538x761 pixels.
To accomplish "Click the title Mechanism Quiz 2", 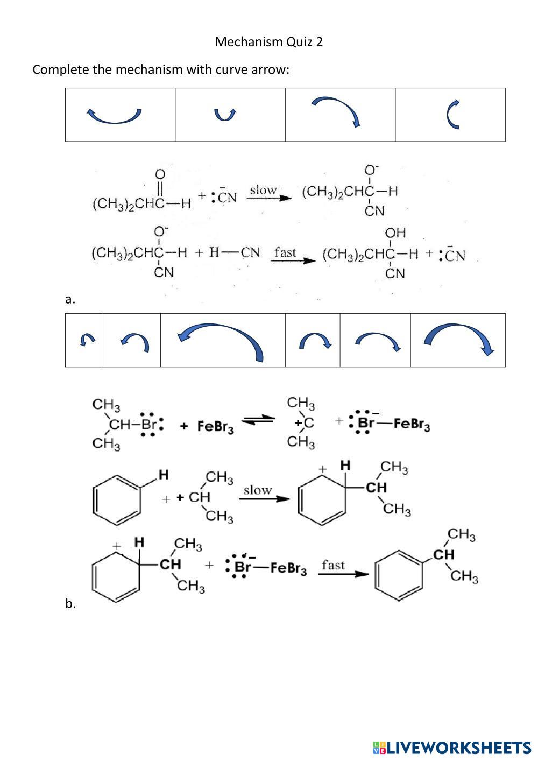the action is coord(268,42).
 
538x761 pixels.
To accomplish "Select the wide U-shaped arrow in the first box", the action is coord(115,115).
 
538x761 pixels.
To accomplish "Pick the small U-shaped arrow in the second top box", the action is coord(225,114).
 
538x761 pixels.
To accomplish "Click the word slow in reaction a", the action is coord(263,191).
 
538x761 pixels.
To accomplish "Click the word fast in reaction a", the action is coord(285,252).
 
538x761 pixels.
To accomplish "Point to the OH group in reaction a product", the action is coord(395,233).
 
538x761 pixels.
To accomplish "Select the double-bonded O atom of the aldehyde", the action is coord(160,174).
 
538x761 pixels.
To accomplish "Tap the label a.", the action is coord(70,299).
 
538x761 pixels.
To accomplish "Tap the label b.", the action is coord(70,604).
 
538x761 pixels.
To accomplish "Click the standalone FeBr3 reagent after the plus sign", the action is coord(215,427).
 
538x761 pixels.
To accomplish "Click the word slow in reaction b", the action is coord(258,490).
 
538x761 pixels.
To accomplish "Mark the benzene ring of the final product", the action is coord(398,575).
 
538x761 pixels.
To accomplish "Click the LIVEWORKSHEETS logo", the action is coord(451,748).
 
